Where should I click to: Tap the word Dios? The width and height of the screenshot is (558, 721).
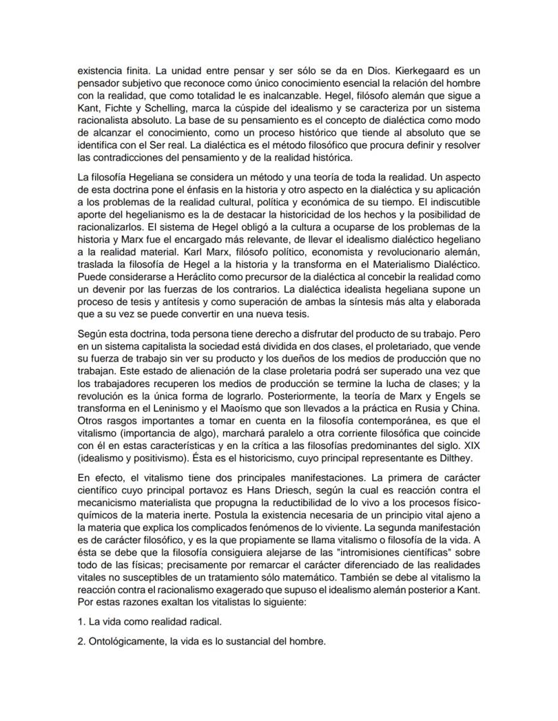[364, 70]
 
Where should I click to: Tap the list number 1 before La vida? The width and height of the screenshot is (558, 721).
[78, 620]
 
